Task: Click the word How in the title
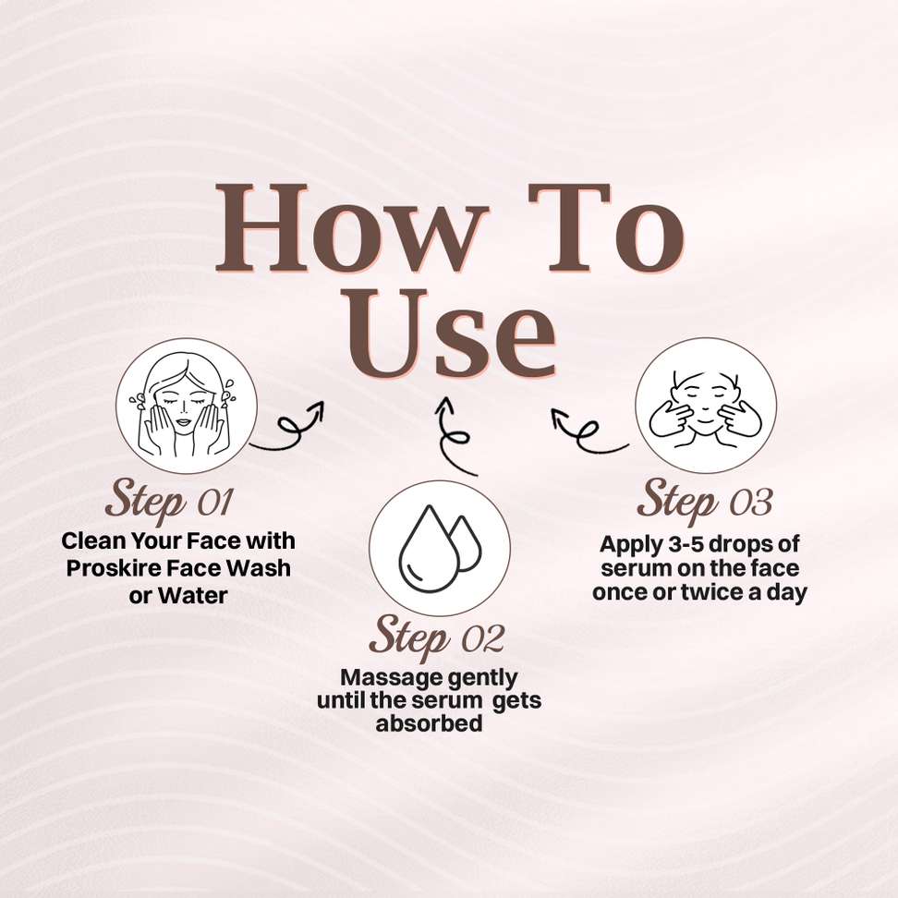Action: click(350, 228)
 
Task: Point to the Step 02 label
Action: click(436, 637)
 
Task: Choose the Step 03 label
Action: click(704, 500)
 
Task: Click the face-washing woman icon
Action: click(186, 406)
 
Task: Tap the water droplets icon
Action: click(439, 549)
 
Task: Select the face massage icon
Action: click(706, 406)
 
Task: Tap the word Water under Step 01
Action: click(192, 596)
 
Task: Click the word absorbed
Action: click(429, 723)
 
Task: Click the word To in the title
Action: click(606, 228)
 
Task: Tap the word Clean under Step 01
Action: click(93, 540)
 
